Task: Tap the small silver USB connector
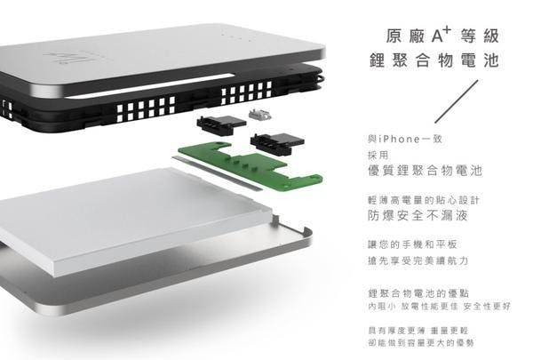(260, 115)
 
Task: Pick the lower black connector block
(277, 143)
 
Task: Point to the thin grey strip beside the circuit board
(218, 172)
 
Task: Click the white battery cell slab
(136, 218)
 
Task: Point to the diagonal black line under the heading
(457, 101)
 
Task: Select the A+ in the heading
(442, 35)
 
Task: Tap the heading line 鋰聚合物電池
(434, 60)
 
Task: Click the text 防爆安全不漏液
(418, 215)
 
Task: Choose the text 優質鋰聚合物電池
(425, 170)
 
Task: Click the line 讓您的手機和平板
(412, 244)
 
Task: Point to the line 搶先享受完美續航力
(418, 260)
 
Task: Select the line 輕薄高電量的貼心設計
(424, 200)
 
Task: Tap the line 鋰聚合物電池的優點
(418, 293)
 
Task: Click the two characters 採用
(378, 156)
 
